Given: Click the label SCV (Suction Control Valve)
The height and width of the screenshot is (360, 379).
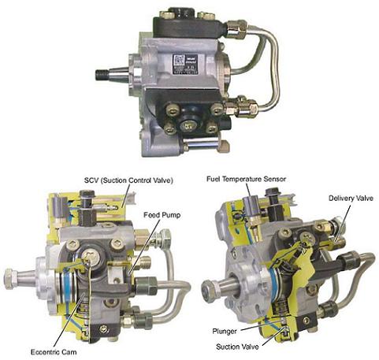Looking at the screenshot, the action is (128, 180).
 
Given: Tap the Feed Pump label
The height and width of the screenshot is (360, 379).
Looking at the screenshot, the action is (162, 215).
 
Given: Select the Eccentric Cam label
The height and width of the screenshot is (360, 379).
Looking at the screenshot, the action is (54, 352).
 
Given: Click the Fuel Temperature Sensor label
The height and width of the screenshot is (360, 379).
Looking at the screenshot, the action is (246, 179).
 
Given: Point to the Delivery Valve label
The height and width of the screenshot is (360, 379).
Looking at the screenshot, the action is (351, 198).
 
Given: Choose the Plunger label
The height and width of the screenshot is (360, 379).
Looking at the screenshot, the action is (225, 332).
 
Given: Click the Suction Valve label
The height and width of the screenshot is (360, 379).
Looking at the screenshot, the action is (237, 347).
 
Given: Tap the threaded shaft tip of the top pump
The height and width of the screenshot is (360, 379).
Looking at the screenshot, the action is (102, 74).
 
